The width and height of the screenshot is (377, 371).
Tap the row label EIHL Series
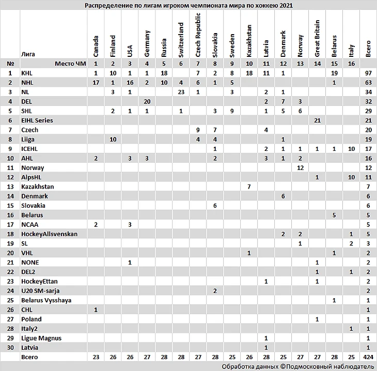[x=37, y=120]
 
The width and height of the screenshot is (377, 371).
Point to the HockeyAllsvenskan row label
[x=49, y=234]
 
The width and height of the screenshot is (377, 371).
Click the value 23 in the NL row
[x=181, y=92]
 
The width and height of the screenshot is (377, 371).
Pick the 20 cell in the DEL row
[x=147, y=101]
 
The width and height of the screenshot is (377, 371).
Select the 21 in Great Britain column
[x=317, y=120]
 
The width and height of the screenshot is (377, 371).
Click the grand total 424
[x=368, y=357]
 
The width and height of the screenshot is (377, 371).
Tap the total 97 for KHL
[x=368, y=73]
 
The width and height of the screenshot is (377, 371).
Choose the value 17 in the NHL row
[x=96, y=82]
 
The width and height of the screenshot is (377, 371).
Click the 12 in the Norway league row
[x=300, y=168]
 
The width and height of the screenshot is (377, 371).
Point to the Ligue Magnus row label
[x=41, y=338]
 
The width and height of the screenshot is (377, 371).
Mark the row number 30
[x=10, y=348]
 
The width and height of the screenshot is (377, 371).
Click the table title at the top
[x=188, y=5]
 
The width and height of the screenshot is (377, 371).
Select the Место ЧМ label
[x=68, y=64]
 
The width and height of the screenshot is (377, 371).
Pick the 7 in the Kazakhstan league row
[x=249, y=187]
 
